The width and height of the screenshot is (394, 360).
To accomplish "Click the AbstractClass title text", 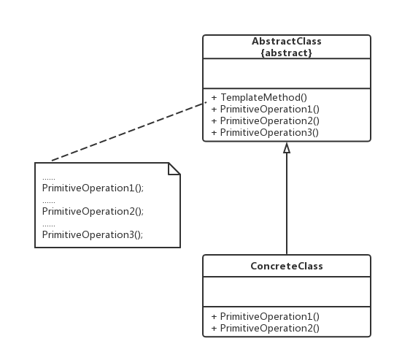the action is (287, 41).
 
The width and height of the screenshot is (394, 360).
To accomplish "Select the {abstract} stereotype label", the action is (287, 53).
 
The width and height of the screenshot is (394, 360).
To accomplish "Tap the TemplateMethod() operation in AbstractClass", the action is (263, 98).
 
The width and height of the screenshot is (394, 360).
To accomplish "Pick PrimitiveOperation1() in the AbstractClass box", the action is (270, 109).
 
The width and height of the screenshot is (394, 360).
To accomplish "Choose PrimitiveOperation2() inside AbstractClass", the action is (270, 120).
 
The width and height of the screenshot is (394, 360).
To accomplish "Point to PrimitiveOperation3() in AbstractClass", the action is (269, 132).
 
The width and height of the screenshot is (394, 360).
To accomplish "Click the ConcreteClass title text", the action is (287, 266).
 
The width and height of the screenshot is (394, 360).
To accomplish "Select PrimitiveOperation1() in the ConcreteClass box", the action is (270, 316).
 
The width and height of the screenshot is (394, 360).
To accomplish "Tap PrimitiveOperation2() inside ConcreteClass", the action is (270, 328).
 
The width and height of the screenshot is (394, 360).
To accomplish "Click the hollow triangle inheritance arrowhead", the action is (287, 148).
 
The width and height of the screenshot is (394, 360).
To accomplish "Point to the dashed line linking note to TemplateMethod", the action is (129, 131).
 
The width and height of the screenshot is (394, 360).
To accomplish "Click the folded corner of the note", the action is (174, 169).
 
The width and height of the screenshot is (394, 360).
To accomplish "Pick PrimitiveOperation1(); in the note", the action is (93, 188).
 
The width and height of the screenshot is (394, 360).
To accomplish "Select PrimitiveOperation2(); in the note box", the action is (93, 212).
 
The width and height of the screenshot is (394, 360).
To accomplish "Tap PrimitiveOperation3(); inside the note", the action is (93, 235).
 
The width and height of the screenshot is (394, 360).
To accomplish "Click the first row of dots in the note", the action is (49, 179).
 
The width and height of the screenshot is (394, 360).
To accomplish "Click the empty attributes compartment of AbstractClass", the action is (287, 74).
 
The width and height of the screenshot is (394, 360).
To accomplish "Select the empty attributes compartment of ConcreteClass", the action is (287, 291).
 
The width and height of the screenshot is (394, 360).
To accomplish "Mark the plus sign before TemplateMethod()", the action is (214, 98).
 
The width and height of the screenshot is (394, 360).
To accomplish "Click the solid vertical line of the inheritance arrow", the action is (287, 204).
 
